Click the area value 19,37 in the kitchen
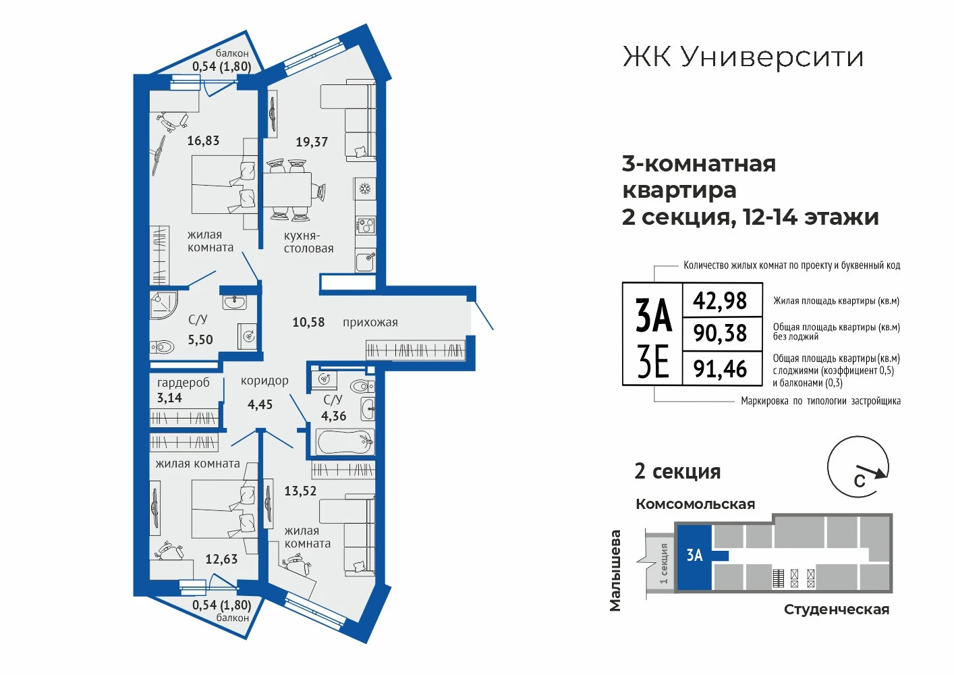click(312, 142)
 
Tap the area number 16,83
click(203, 140)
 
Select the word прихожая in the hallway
click(370, 323)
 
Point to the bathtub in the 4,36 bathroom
click(345, 442)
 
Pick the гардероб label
click(184, 383)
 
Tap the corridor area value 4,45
click(260, 404)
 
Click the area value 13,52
click(300, 491)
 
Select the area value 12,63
click(221, 559)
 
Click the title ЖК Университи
click(743, 57)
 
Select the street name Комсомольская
click(695, 504)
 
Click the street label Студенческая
click(837, 610)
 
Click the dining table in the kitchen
click(287, 189)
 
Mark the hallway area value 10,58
click(308, 322)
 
